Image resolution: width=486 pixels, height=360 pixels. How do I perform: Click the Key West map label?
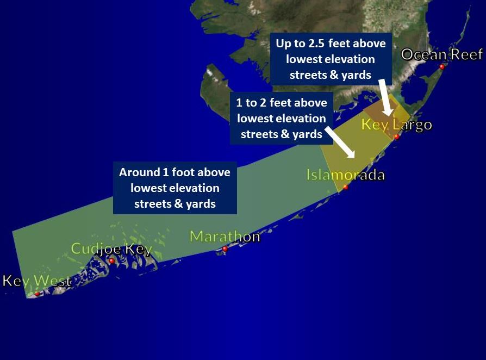(37, 281)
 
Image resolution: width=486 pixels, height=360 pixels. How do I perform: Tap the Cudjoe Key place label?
(111, 249)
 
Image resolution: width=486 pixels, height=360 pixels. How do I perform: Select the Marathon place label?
(225, 237)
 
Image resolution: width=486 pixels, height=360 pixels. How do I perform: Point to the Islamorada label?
(345, 175)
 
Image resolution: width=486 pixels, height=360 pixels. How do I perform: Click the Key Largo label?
(396, 125)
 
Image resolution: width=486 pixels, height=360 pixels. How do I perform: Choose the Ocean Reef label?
(441, 54)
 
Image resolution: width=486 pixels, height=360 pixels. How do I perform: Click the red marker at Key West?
(37, 294)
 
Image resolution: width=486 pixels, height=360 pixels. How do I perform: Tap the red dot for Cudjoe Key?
(111, 261)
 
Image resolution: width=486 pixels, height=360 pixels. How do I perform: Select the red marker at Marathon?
(225, 249)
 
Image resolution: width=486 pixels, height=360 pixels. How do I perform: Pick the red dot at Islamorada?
(345, 187)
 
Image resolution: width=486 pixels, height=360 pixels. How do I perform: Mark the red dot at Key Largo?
(397, 137)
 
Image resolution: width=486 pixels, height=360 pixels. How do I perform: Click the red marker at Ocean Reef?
(442, 67)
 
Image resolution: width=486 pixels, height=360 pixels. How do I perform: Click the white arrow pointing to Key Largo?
(385, 98)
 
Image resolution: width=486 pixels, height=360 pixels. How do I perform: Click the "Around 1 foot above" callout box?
(175, 188)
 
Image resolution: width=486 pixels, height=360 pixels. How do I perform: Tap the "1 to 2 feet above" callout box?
(282, 118)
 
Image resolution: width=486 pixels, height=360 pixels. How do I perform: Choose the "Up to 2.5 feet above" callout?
(331, 59)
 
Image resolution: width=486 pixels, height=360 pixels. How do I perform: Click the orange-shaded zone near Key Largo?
(381, 109)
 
